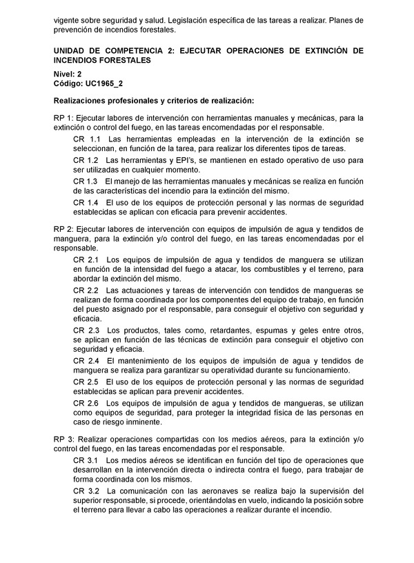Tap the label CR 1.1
[x=86, y=139]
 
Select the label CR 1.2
[x=86, y=160]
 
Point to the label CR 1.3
[x=86, y=181]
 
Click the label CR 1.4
[x=86, y=203]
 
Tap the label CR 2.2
[x=86, y=290]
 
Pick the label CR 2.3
[x=86, y=329]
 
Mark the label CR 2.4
[x=86, y=361]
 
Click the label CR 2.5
[x=86, y=382]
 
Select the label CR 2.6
[x=86, y=403]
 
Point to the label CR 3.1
[x=86, y=460]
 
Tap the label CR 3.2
[x=86, y=491]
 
